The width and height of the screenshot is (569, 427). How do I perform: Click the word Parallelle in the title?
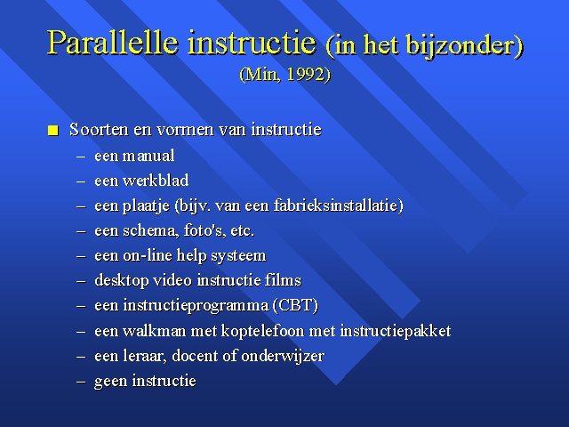pyautogui.click(x=113, y=43)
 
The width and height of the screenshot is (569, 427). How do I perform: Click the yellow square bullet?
pyautogui.click(x=53, y=131)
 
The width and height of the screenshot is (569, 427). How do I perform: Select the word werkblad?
pyautogui.click(x=156, y=181)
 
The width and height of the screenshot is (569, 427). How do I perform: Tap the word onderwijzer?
pyautogui.click(x=283, y=356)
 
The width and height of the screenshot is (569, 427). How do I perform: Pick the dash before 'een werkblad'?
pyautogui.click(x=81, y=181)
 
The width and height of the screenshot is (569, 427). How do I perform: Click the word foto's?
pyautogui.click(x=203, y=230)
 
